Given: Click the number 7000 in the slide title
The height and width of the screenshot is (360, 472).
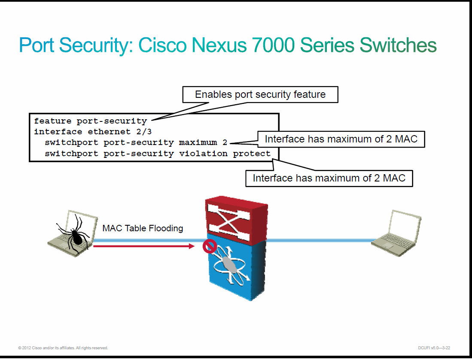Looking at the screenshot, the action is pos(273,45).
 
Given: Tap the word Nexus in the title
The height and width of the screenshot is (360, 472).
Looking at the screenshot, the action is pos(219,45).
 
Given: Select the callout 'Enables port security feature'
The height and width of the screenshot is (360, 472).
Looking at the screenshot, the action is pos(260,94).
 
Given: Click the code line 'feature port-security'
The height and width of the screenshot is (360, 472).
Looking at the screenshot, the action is pos(90,121).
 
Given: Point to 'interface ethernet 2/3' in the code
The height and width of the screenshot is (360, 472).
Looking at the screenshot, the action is pos(93,132).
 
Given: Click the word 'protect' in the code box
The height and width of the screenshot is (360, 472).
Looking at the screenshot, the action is pos(252,154).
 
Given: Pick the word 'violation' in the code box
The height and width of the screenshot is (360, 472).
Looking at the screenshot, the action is pos(203,153).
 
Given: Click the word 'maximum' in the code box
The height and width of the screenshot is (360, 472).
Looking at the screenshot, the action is pos(198,142).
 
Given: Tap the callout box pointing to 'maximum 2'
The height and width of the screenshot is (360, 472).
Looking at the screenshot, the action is pos(341,139).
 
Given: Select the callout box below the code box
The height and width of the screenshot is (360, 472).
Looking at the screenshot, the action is pos(329,178).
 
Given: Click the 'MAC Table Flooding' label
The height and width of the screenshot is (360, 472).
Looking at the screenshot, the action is pos(143,228).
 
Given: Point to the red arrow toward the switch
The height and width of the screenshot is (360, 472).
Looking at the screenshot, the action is pos(144,246).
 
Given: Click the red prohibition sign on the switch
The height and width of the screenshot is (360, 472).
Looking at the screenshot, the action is pos(210,246).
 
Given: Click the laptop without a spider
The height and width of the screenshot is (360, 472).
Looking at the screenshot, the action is pos(396,233).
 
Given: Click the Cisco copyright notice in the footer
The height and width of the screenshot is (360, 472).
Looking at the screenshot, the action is pos(63,348).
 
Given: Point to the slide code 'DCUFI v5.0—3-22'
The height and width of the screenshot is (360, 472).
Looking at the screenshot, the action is pos(434,348).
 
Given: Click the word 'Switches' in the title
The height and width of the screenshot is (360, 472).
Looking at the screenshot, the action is pos(398,45).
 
